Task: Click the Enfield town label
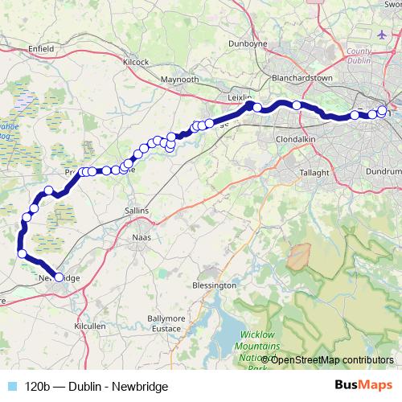click(x=40, y=49)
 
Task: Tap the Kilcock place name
click(x=136, y=61)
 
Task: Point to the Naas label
click(x=142, y=239)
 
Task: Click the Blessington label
click(x=215, y=285)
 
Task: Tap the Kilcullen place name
click(x=89, y=328)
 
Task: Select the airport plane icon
click(x=380, y=35)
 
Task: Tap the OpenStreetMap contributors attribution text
click(x=332, y=360)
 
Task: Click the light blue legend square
click(x=11, y=387)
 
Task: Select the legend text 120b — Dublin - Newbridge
click(x=96, y=387)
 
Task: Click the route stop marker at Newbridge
click(x=59, y=277)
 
